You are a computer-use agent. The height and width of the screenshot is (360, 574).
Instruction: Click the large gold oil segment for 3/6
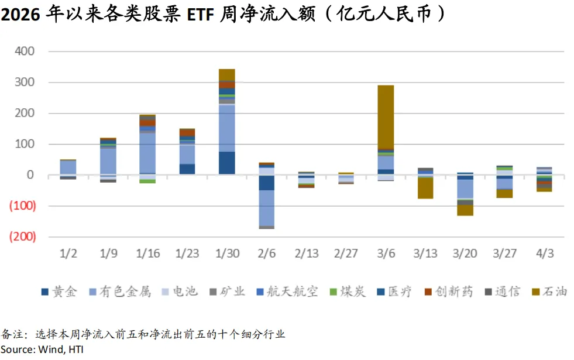pos(386,117)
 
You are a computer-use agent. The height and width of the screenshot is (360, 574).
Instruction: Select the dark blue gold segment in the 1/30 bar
pos(226,163)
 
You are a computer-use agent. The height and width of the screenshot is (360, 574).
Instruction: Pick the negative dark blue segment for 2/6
pos(266,183)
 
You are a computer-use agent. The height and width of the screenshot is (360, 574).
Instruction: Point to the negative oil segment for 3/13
pos(425,188)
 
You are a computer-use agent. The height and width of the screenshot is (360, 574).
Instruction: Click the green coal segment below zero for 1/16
pos(147,181)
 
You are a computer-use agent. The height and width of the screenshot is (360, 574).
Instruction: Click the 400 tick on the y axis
pos(25,52)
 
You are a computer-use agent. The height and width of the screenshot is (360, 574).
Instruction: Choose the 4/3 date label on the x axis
pos(545,254)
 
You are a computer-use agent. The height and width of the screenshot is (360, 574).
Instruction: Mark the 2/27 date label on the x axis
pos(346,254)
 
